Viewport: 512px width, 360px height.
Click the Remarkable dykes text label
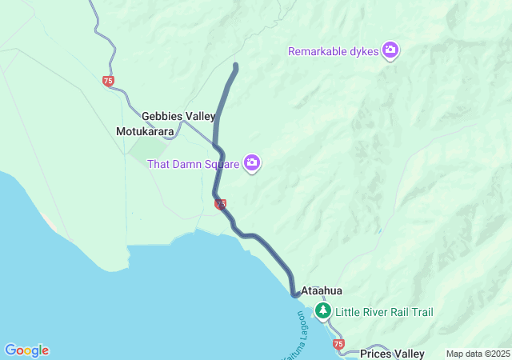point(334,51)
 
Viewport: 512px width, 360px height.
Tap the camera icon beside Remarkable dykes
point(390,50)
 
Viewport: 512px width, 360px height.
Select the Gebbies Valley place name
point(178,116)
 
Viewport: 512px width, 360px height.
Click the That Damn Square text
point(194,164)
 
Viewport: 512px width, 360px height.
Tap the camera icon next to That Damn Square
point(252,163)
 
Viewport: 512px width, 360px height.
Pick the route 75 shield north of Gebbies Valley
point(108,81)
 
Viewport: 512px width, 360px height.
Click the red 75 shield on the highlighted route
point(220,205)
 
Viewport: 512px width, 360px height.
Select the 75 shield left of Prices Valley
point(338,344)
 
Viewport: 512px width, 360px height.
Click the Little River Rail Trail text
point(384,311)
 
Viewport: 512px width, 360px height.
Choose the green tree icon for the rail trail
point(322,310)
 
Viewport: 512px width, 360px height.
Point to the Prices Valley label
point(392,354)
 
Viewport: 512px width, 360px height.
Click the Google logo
point(26,350)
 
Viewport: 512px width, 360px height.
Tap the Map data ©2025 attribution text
point(477,354)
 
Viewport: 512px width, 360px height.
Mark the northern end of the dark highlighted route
point(235,65)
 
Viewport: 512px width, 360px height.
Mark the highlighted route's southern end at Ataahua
point(294,295)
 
